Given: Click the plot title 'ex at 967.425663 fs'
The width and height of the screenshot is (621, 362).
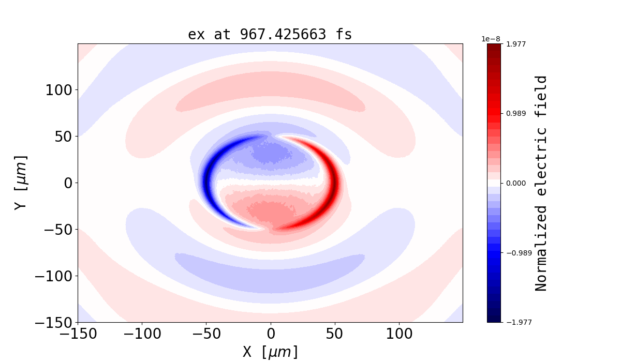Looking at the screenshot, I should [270, 35].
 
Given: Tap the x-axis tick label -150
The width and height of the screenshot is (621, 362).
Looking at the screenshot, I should [78, 334].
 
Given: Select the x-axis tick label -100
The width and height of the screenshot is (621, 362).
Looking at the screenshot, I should [142, 334].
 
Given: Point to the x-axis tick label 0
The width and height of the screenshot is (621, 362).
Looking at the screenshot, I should [270, 334].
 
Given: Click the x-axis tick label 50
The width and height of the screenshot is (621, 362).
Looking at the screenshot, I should [334, 334].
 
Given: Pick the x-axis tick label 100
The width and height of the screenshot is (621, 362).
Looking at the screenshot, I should [398, 334].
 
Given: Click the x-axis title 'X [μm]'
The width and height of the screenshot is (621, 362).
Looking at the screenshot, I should [270, 352].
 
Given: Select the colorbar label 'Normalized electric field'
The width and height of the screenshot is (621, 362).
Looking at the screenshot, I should [541, 183].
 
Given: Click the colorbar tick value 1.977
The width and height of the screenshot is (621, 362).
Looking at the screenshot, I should [515, 44].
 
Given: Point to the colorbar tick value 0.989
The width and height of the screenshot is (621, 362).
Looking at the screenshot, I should [515, 113].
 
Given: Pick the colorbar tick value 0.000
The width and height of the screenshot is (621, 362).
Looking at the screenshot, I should [515, 183].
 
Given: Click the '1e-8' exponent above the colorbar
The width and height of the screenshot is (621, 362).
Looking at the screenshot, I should [491, 39].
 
